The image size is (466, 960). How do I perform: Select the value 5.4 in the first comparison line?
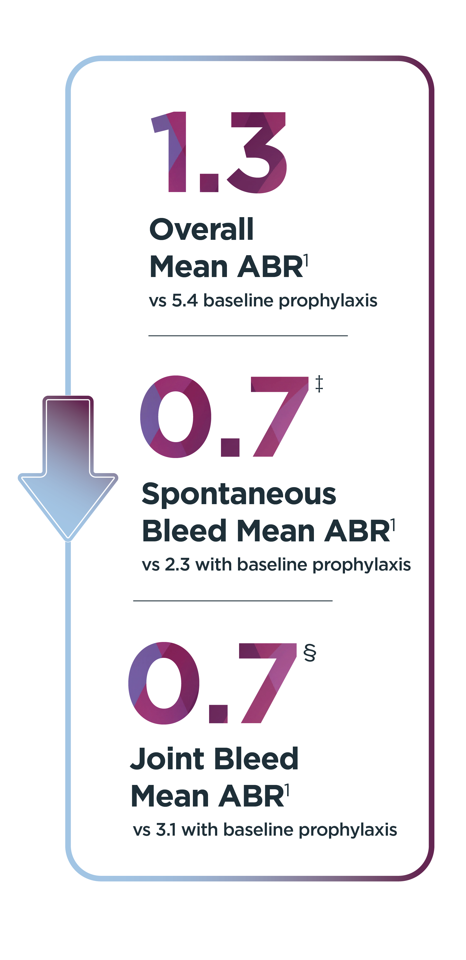[x=185, y=300]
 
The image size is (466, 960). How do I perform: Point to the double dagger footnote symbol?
[x=319, y=384]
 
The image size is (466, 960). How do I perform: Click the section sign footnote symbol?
[x=310, y=652]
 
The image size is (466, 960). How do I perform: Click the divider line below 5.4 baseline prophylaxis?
[x=248, y=336]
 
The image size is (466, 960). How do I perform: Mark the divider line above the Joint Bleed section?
[x=233, y=601]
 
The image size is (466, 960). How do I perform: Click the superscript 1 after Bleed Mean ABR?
[x=393, y=525]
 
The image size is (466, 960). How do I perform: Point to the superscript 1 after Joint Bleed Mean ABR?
[x=287, y=790]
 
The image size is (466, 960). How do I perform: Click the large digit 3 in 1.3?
[x=257, y=152]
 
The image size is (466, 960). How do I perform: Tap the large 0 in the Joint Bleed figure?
[x=164, y=683]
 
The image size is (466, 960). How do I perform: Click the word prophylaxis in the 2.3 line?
[x=361, y=565]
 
